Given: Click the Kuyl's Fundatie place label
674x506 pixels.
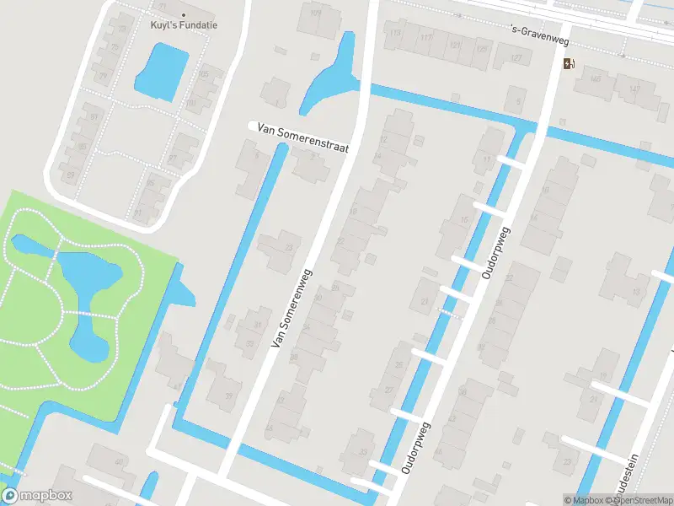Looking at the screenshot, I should pyautogui.click(x=184, y=25).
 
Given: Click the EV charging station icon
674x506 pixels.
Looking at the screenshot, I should pyautogui.click(x=570, y=63).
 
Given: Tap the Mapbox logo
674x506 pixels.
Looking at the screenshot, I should pyautogui.click(x=37, y=496).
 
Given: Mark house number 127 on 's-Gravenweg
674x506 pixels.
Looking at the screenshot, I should pyautogui.click(x=516, y=57).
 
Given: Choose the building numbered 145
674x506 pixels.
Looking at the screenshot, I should pyautogui.click(x=596, y=80).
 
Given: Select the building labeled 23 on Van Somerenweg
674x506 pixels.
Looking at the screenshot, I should pyautogui.click(x=289, y=247).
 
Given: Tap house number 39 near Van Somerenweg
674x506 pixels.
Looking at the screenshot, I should pyautogui.click(x=228, y=396).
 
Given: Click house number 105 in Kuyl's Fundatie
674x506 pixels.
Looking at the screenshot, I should pyautogui.click(x=203, y=74).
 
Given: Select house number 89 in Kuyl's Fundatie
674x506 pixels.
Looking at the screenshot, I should pyautogui.click(x=71, y=175).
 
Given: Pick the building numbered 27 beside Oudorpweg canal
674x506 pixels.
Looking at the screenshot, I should pyautogui.click(x=389, y=390).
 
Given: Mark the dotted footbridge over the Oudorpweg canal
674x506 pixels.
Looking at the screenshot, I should pyautogui.click(x=451, y=314).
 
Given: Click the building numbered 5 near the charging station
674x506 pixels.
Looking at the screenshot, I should pyautogui.click(x=516, y=102).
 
